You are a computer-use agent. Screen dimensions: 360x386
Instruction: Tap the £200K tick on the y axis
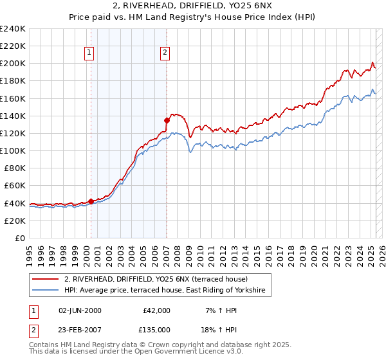pos(13,64)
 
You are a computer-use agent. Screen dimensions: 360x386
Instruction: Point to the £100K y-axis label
pos(13,150)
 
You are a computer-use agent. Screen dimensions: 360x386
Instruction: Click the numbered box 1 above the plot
pos(89,53)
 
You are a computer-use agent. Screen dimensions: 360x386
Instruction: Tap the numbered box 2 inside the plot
pos(165,53)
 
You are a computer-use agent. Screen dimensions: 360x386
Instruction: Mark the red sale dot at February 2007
pos(167,120)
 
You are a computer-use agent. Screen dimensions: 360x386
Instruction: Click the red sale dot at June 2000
pos(91,201)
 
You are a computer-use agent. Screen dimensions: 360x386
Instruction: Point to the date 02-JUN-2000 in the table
pos(80,310)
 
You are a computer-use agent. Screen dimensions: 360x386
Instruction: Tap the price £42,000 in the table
pos(156,310)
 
